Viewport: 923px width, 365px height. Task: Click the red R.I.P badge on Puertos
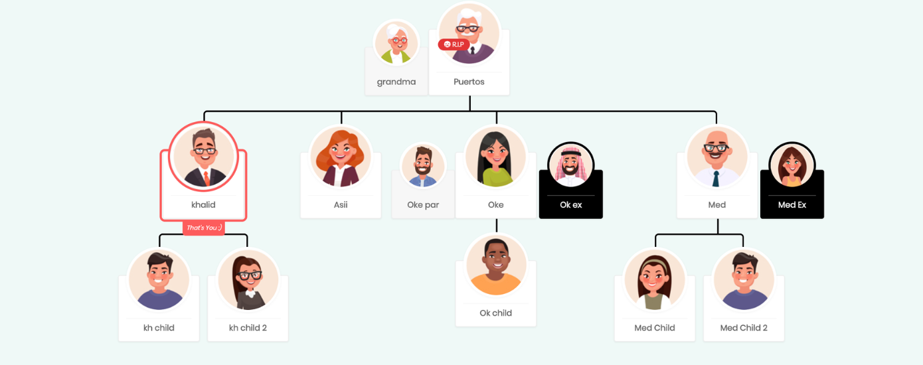pos(454,44)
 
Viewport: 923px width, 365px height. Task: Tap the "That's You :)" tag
pos(204,228)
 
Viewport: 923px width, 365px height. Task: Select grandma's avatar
pos(396,43)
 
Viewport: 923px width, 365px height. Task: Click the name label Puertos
pos(469,82)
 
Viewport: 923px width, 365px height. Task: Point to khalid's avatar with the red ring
pos(204,156)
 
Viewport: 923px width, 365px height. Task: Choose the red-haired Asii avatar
pos(341,157)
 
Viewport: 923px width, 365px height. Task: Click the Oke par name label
pos(423,205)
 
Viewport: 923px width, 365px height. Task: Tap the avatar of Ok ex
pos(570,165)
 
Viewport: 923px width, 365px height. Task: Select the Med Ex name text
pos(792,205)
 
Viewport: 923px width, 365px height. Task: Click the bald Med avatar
pos(717,157)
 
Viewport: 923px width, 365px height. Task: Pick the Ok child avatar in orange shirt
pos(496,265)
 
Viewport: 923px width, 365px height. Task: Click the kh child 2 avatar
pos(248,280)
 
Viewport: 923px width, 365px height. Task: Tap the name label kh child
pos(159,328)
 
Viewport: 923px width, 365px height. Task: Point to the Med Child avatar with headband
pos(655,280)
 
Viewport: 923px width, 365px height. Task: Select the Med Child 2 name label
pos(744,328)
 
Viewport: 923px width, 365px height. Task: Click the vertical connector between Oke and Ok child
pos(497,226)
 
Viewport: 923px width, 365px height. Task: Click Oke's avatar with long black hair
pos(496,157)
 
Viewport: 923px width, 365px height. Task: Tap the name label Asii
pos(341,205)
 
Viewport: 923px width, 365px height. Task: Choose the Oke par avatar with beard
pos(423,165)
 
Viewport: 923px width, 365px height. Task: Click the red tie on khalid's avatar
pos(207,178)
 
